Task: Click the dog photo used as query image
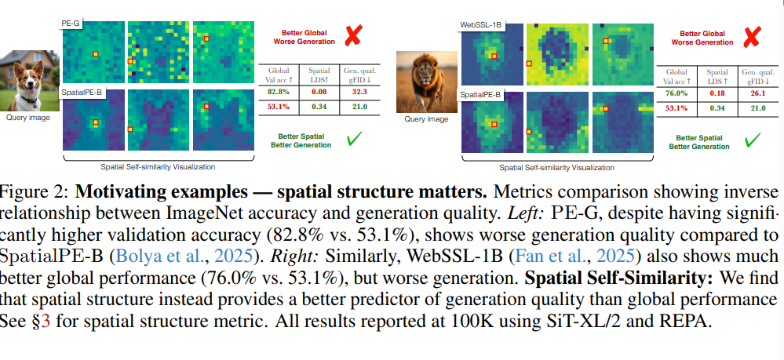(27, 81)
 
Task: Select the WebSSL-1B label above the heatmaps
(480, 25)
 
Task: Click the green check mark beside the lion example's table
(752, 140)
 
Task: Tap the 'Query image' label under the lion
(425, 118)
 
